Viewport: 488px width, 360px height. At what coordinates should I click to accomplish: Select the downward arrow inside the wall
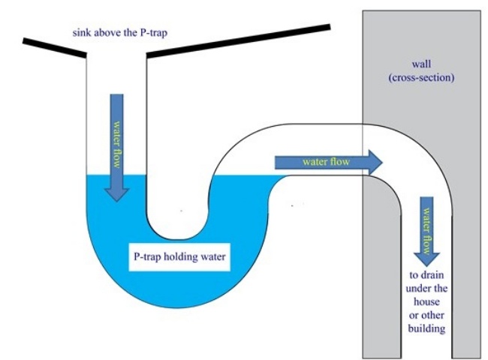pos(426,229)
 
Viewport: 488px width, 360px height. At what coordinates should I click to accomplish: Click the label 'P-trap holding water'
pos(180,257)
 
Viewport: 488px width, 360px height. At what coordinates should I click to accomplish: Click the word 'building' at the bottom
pos(425,328)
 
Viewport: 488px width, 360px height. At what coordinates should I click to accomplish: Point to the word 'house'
pos(425,301)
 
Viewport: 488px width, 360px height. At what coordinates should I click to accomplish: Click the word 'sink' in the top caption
pos(81,33)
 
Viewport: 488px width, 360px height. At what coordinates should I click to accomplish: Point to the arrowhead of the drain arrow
pos(426,258)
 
